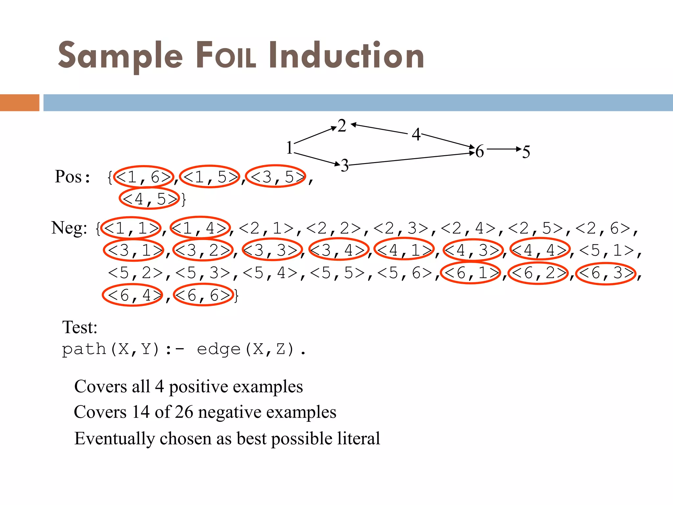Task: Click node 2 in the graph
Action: point(342,126)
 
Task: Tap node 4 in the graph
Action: point(416,134)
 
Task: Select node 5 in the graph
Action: point(526,152)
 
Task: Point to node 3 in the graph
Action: point(345,165)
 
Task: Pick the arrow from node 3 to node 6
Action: point(411,159)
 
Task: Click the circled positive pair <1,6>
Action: point(144,177)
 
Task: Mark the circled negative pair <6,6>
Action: point(204,295)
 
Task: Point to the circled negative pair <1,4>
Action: point(200,228)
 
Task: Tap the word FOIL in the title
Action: point(226,56)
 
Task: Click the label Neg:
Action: point(69,228)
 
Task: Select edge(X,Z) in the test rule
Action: point(245,349)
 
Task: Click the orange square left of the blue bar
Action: point(19,103)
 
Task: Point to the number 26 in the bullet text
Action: point(184,412)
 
